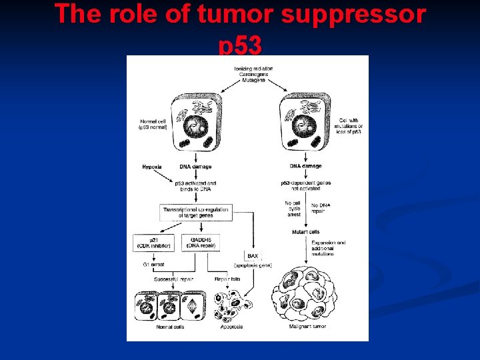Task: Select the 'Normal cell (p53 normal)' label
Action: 153,124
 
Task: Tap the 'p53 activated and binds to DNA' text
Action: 196,185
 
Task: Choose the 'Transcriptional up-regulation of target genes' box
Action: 197,213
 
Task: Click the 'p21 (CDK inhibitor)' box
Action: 153,243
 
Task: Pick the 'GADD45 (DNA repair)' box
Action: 200,243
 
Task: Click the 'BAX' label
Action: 252,256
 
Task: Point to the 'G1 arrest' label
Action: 153,265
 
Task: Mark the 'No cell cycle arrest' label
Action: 293,209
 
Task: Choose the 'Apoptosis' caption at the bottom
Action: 231,327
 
